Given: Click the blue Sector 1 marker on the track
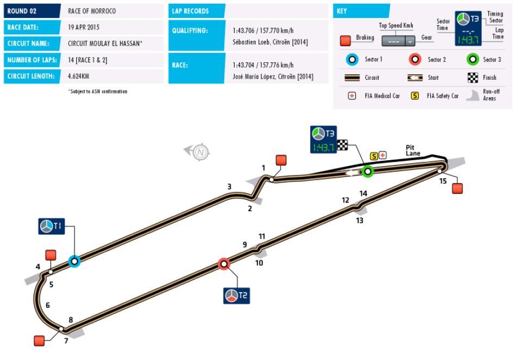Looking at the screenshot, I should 74,261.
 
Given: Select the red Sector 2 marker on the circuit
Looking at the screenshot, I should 224,264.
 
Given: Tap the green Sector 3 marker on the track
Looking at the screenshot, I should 368,172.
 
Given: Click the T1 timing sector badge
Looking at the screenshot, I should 52,226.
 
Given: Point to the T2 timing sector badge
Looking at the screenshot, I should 236,296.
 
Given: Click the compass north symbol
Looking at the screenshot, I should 201,152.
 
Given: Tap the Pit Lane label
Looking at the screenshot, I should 413,150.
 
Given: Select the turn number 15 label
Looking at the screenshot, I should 443,181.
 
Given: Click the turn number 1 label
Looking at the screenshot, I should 263,168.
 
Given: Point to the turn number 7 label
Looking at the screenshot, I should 66,341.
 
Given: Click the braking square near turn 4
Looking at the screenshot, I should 51,255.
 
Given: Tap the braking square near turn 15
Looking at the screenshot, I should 457,188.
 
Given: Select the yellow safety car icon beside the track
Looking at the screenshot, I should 374,156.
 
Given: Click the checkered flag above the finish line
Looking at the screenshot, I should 343,144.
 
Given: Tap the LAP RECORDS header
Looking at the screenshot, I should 191,11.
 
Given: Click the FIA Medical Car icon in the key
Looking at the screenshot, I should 351,96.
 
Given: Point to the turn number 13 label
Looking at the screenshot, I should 360,220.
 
